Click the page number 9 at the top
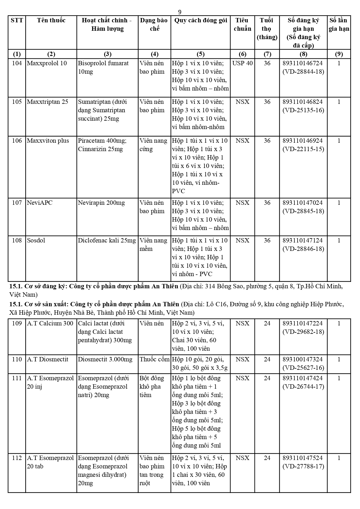[180, 12]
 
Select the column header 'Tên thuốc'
[51, 20]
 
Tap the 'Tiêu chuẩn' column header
[242, 24]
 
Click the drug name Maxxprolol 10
[47, 63]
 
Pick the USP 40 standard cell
[242, 63]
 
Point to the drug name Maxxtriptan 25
[48, 102]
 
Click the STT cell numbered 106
[17, 141]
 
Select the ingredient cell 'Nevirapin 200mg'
[101, 203]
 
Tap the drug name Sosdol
[36, 240]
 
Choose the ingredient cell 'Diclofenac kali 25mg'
[107, 240]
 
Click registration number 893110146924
[303, 141]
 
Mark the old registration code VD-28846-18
[303, 249]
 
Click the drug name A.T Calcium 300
[50, 323]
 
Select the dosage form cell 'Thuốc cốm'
[154, 359]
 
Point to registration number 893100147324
[303, 359]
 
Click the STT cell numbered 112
[17, 458]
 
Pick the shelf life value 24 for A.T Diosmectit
[267, 359]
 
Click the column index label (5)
[200, 54]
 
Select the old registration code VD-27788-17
[303, 466]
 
